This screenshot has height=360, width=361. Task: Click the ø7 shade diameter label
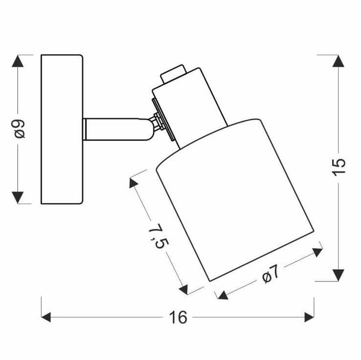point(271,273)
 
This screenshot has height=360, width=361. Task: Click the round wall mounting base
point(61,129)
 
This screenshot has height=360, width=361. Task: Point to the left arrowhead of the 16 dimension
point(48,317)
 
